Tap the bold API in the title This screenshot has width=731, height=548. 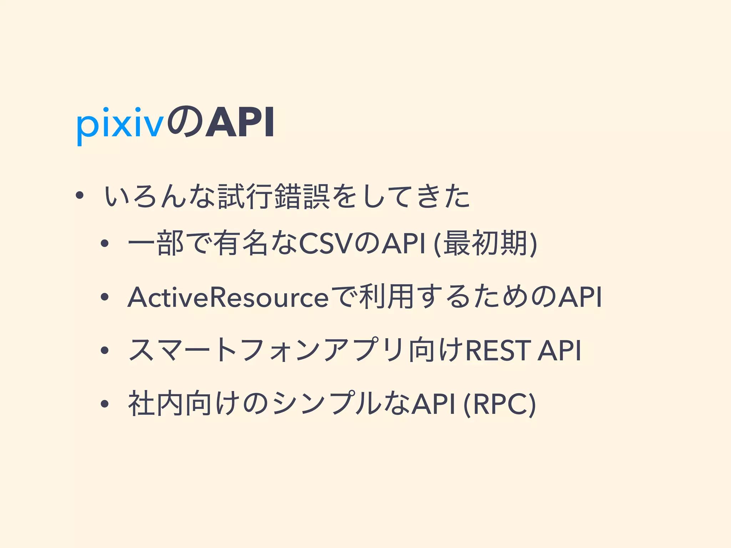pos(240,123)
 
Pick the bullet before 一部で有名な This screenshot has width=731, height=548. pos(104,244)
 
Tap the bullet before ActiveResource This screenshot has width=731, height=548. pos(104,298)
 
